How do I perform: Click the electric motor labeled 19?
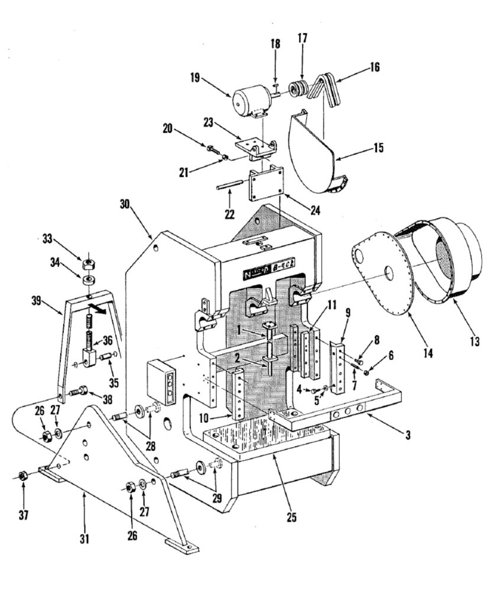coord(251,101)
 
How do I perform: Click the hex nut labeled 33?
coord(88,261)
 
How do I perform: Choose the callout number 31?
coord(85,538)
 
